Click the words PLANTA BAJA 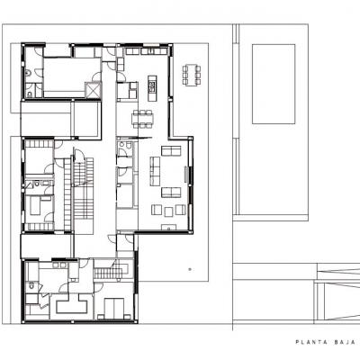328,342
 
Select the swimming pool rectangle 274,84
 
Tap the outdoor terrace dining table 192,75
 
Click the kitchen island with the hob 152,88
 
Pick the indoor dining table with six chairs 143,119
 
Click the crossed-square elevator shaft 92,90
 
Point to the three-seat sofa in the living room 155,171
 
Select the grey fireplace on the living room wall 186,174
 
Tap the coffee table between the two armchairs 168,212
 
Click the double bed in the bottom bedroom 114,308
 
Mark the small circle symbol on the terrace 190,269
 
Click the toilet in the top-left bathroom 27,73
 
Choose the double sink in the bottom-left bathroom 59,265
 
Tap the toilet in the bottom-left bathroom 31,286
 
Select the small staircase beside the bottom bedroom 108,274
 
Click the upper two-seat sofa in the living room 171,150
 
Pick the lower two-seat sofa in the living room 171,193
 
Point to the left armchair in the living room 157,210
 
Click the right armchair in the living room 181,210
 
